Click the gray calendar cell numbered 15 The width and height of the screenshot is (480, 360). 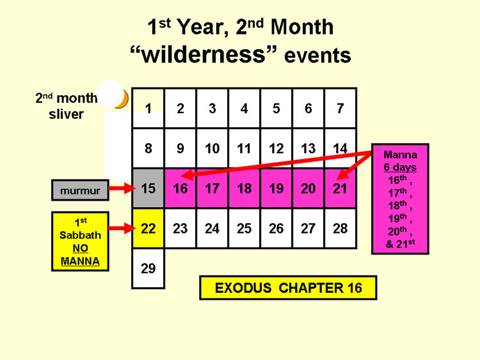pos(148,189)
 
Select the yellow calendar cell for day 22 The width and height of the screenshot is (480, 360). pos(148,228)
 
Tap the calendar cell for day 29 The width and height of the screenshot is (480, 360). pos(148,268)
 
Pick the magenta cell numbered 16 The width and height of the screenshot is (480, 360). pos(180,189)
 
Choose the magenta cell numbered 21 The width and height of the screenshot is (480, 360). pos(340,189)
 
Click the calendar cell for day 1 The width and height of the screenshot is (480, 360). pos(148,108)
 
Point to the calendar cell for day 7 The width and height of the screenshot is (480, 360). pos(340,108)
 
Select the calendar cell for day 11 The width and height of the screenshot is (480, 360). pos(244,148)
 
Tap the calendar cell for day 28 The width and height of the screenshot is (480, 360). pos(340,228)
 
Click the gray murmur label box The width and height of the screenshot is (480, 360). pos(80,191)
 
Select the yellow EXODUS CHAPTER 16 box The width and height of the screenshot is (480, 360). pos(288,288)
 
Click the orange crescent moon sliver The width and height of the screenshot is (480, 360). pos(123,100)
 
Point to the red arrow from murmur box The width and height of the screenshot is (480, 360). pos(122,188)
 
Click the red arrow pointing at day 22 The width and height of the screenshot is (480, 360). pos(122,228)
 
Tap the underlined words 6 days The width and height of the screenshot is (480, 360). pos(400,168)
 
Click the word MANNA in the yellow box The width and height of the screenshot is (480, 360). pos(80,261)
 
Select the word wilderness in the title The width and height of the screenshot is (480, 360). pos(204,54)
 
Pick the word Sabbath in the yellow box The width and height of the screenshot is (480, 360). pos(80,235)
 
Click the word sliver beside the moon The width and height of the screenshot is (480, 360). pos(66,114)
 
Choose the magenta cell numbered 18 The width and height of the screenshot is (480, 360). pos(244,189)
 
